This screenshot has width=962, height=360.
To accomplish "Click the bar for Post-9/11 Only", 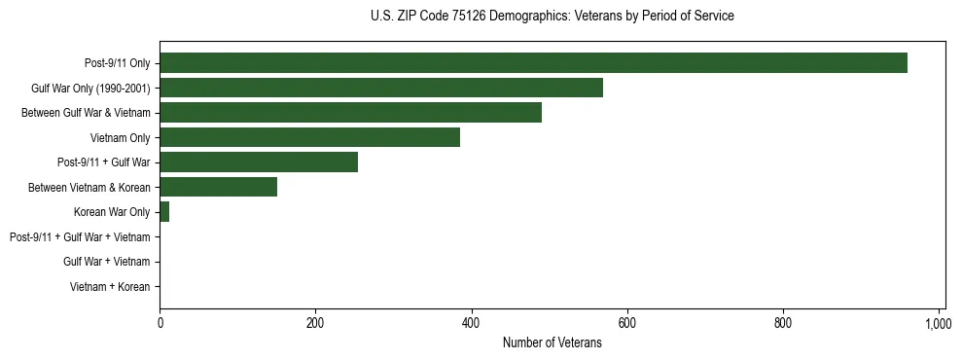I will pos(533,63).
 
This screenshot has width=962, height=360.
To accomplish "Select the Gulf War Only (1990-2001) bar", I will pos(381,88).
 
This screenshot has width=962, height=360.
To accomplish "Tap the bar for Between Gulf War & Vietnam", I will pos(350,113).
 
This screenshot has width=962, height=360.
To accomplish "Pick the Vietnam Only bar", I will pos(309,137).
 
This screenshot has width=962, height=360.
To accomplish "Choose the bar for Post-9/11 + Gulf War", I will pos(259,162).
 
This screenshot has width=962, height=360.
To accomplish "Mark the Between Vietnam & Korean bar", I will pos(218,187).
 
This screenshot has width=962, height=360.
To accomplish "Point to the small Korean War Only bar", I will pos(164,212).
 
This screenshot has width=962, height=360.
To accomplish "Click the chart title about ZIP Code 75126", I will pos(552,17).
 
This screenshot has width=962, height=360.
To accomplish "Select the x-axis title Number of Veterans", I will pos(552,342).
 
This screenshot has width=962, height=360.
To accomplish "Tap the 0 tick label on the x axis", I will pos(160,322).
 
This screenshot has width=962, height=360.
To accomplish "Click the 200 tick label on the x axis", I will pos(315,322).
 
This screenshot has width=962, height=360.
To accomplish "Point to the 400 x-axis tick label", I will pos(471,322).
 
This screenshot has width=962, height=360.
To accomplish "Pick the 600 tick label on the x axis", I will pos(627,322).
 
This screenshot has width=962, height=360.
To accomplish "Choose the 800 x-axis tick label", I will pos(783,322).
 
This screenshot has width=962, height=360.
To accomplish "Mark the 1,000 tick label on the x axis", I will pos(938,322).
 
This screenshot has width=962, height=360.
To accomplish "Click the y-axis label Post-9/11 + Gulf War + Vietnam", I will pos(80,237).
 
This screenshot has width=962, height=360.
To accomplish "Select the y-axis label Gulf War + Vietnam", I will pos(106,262).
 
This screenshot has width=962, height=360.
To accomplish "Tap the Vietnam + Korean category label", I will pos(110,287).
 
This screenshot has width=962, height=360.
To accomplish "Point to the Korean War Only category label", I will pos(112,212).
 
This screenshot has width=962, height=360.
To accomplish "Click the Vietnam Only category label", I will pos(121,137).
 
